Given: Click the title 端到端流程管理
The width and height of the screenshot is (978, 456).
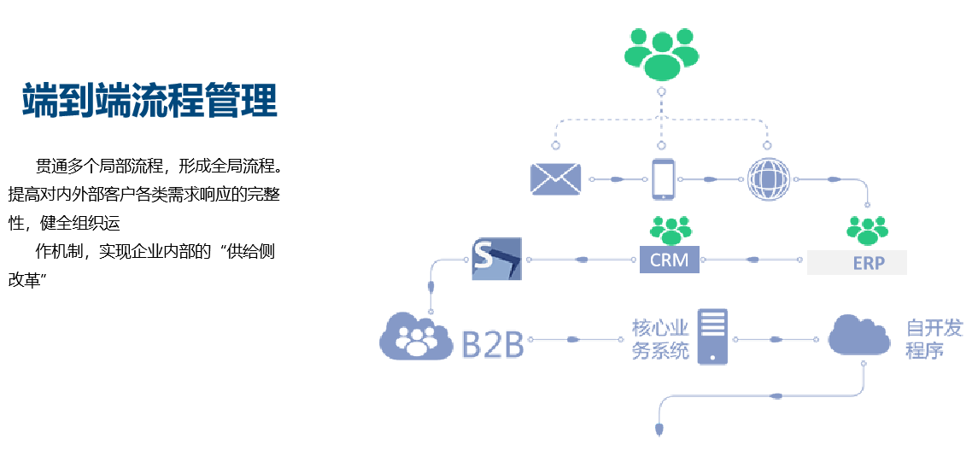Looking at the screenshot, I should click(x=149, y=100).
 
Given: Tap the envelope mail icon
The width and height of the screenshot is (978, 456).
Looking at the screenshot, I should click(x=555, y=178).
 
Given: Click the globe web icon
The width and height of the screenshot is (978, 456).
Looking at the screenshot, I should click(x=768, y=179).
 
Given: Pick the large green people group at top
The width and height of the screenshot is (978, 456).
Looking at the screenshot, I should click(x=660, y=53).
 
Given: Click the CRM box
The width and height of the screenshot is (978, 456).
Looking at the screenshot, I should click(x=670, y=260).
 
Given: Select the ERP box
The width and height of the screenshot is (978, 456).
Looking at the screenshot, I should click(x=857, y=262).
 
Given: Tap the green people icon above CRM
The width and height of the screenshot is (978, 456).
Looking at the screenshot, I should click(x=670, y=229).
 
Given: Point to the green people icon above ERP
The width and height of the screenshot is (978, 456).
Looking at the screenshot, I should click(x=867, y=230).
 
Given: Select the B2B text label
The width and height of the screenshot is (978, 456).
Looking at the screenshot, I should click(x=492, y=340).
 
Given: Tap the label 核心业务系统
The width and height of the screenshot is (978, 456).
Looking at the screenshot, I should click(x=659, y=339).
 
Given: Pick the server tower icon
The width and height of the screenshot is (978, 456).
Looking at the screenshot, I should click(x=714, y=336).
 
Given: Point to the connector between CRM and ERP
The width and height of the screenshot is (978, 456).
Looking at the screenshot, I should click(x=753, y=259).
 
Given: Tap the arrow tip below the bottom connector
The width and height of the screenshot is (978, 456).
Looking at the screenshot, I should click(x=659, y=428).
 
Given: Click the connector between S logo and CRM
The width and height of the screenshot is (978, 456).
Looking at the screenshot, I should click(x=581, y=259).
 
